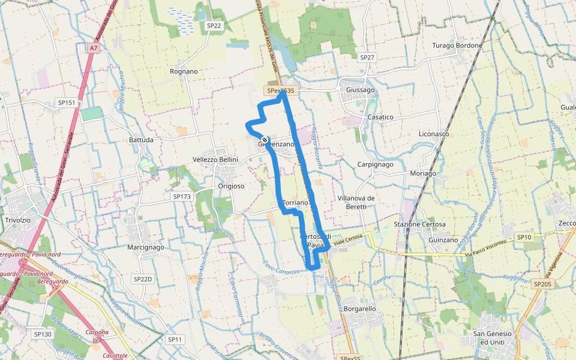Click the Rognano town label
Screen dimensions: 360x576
(184, 71)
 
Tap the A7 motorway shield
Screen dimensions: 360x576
(93, 47)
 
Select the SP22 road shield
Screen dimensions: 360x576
(214, 25)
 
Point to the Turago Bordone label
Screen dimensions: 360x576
(457, 46)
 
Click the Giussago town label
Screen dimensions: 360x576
(360, 90)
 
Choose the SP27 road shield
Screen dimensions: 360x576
(367, 57)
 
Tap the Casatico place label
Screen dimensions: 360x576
(380, 117)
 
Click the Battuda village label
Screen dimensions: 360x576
(141, 140)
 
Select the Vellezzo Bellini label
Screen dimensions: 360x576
(215, 159)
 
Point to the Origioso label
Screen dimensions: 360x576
(231, 186)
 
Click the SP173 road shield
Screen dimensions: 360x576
(181, 196)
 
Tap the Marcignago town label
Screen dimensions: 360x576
(145, 247)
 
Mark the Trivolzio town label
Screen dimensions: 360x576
(17, 220)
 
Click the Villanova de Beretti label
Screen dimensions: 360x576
(356, 202)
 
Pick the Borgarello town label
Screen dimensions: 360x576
(360, 308)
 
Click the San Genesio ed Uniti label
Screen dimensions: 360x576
(493, 338)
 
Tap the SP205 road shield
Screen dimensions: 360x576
(542, 284)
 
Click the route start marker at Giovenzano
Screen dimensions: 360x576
(265, 140)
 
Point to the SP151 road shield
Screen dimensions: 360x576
(67, 103)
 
